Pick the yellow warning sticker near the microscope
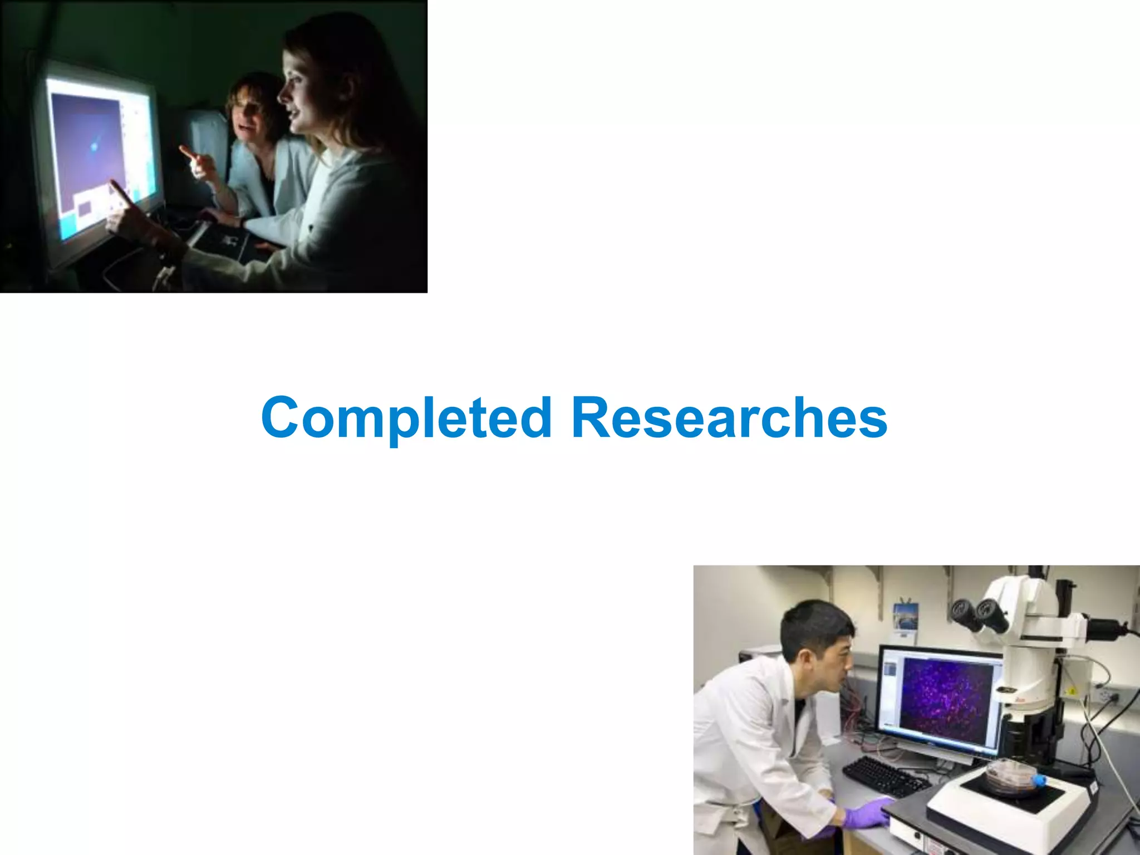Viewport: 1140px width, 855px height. (x=1071, y=691)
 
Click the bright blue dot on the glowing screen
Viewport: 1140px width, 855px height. (x=94, y=146)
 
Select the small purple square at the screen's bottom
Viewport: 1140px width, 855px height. (x=85, y=209)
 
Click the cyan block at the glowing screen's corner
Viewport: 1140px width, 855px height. (x=68, y=227)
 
